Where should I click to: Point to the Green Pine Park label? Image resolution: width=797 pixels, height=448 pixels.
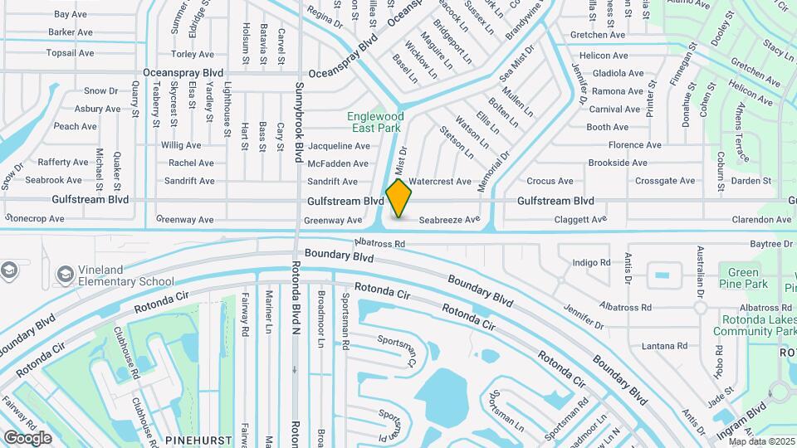(x=743, y=278)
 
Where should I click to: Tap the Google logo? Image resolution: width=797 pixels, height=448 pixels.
(x=28, y=437)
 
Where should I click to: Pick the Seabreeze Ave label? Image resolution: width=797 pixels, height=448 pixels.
(x=449, y=220)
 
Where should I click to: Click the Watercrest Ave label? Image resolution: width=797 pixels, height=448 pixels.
(x=440, y=181)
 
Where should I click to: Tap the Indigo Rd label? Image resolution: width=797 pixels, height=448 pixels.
(x=591, y=263)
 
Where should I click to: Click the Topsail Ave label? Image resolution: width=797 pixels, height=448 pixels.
(x=71, y=53)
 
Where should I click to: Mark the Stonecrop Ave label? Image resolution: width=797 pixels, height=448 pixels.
(x=35, y=219)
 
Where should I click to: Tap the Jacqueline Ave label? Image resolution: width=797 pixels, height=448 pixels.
(x=338, y=145)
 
